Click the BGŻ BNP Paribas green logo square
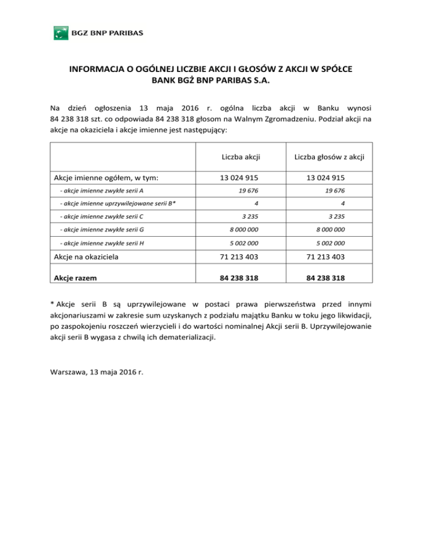point(60,32)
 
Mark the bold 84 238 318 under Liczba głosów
point(320,278)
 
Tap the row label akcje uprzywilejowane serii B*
point(118,203)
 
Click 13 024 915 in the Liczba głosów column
point(320,177)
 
